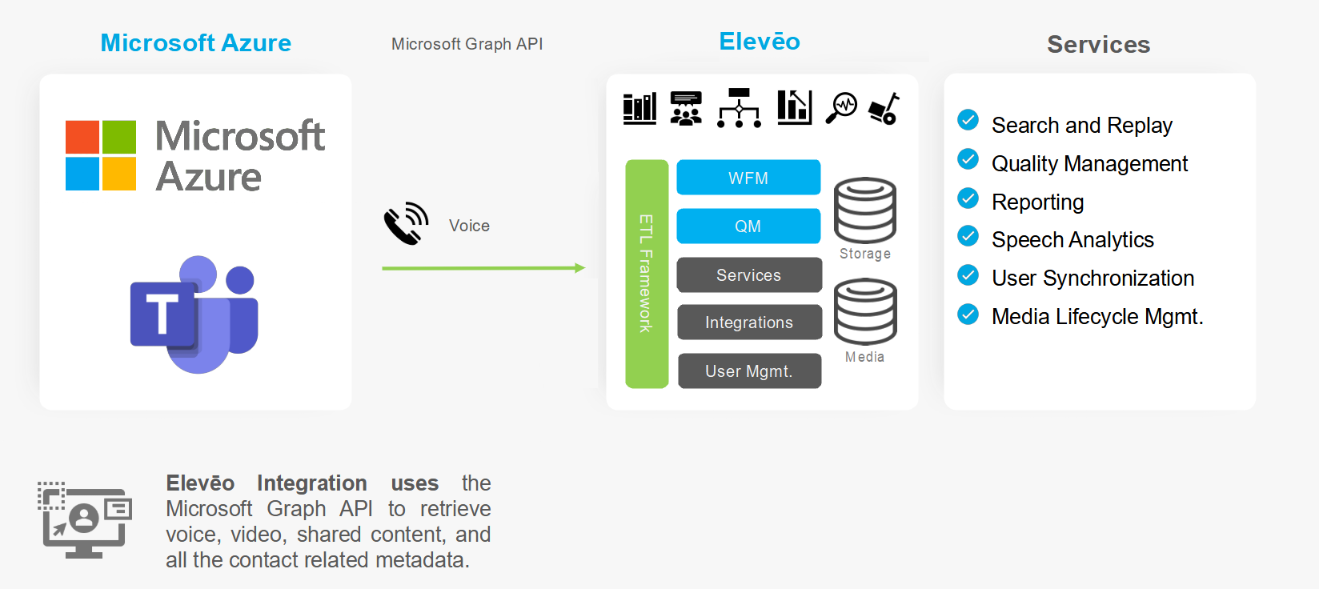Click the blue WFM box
pos(748,178)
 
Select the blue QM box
pos(748,226)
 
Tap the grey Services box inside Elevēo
pos(749,275)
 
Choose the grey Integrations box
pos(749,323)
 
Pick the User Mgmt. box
pos(749,371)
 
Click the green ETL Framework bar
pos(647,274)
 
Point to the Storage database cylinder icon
pos(865,210)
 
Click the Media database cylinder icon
pos(865,311)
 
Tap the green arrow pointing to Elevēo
pos(483,268)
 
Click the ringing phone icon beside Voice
pos(406,223)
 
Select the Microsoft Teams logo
pos(195,314)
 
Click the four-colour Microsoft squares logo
pos(101,155)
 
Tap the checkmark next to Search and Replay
pos(968,120)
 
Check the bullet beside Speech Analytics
pos(968,236)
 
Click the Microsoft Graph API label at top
pos(467,44)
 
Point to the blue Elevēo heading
pos(760,42)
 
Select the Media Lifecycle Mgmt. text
pos(1097,317)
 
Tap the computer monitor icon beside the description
pos(84,519)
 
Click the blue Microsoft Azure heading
pos(196,43)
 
